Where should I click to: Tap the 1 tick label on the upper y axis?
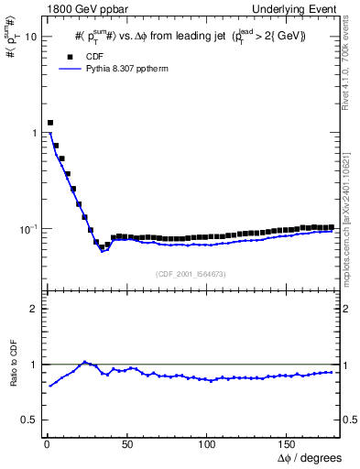pyautogui.click(x=34, y=133)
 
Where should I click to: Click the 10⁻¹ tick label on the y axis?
pyautogui.click(x=27, y=228)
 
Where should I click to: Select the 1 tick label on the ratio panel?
pyautogui.click(x=33, y=365)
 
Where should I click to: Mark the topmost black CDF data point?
pyautogui.click(x=50, y=122)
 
